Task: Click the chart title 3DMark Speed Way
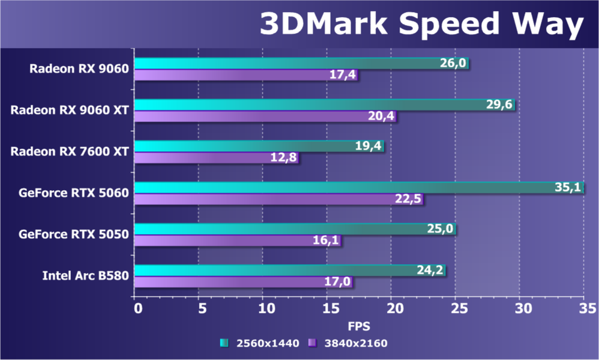[x=422, y=23]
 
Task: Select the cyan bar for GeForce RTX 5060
[x=359, y=187]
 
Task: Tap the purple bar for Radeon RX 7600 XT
[x=216, y=157]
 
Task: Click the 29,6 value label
[x=499, y=104]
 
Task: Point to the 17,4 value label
[x=343, y=74]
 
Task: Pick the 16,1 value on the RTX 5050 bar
[x=326, y=240]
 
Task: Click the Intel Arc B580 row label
[x=86, y=275]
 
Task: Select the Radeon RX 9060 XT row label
[x=70, y=110]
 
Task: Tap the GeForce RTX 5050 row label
[x=74, y=234]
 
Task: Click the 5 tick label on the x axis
[x=202, y=308]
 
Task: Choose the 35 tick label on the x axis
[x=588, y=308]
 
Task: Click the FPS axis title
[x=359, y=326]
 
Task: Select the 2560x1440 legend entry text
[x=268, y=343]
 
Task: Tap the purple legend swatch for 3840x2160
[x=313, y=343]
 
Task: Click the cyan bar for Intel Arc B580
[x=290, y=270]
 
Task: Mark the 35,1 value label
[x=567, y=187]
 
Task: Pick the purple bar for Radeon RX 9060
[x=246, y=74]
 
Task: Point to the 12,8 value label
[x=283, y=157]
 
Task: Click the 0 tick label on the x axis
[x=138, y=308]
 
